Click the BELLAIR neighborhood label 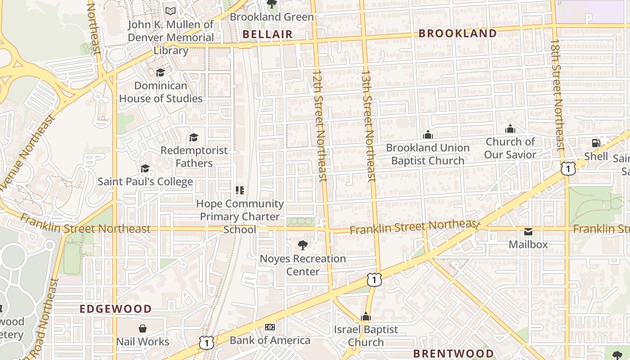(x=267, y=34)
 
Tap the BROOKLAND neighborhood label (x=458, y=33)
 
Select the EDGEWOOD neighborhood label (x=116, y=309)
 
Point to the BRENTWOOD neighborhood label (x=453, y=353)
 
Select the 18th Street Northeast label (x=557, y=94)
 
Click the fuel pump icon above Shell (x=596, y=143)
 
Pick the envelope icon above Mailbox (x=528, y=232)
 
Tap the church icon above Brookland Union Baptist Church (x=427, y=135)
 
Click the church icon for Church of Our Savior (x=510, y=129)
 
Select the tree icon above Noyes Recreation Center (x=303, y=245)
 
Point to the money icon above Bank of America (x=270, y=327)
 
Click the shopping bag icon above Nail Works (x=143, y=328)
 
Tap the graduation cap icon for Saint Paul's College (x=145, y=168)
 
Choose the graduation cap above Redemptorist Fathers (x=194, y=137)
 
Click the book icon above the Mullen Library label (x=171, y=11)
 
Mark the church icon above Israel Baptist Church (x=366, y=316)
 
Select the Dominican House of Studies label (x=161, y=92)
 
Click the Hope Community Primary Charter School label (x=240, y=216)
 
